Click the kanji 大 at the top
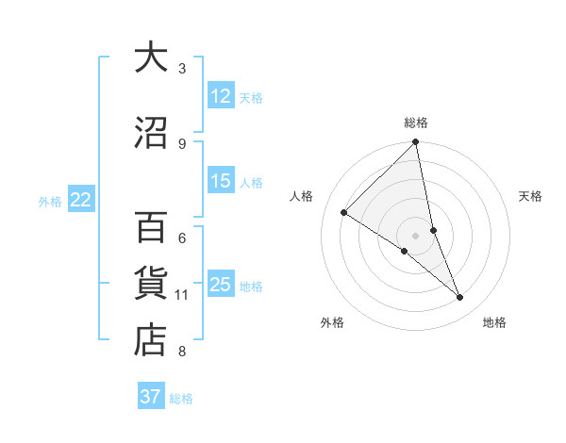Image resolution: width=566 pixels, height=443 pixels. [x=150, y=57]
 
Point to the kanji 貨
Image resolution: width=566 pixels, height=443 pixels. [x=150, y=284]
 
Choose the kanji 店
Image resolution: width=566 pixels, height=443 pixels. [x=150, y=340]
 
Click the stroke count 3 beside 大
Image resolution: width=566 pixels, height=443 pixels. [x=182, y=68]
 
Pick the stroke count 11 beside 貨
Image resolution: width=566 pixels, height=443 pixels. [x=182, y=295]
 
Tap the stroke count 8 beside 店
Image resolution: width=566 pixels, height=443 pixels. [x=182, y=352]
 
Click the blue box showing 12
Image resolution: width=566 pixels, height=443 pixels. [x=221, y=96]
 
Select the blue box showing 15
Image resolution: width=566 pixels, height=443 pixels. [x=221, y=181]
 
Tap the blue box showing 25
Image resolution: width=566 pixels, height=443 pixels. [x=221, y=285]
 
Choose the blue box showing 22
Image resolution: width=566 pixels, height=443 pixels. [x=81, y=200]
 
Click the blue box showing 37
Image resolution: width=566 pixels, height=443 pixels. [x=150, y=397]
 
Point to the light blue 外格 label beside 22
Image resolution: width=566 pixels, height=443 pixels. [x=50, y=201]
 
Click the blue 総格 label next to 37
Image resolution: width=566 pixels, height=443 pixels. [x=181, y=399]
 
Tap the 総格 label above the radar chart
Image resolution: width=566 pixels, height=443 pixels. [x=416, y=123]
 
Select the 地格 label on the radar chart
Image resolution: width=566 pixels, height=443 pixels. [x=494, y=322]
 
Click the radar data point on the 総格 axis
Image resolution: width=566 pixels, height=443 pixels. [x=416, y=143]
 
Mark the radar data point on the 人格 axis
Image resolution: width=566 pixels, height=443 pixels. [x=344, y=213]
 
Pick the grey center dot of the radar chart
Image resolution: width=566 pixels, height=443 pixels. [x=415, y=235]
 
